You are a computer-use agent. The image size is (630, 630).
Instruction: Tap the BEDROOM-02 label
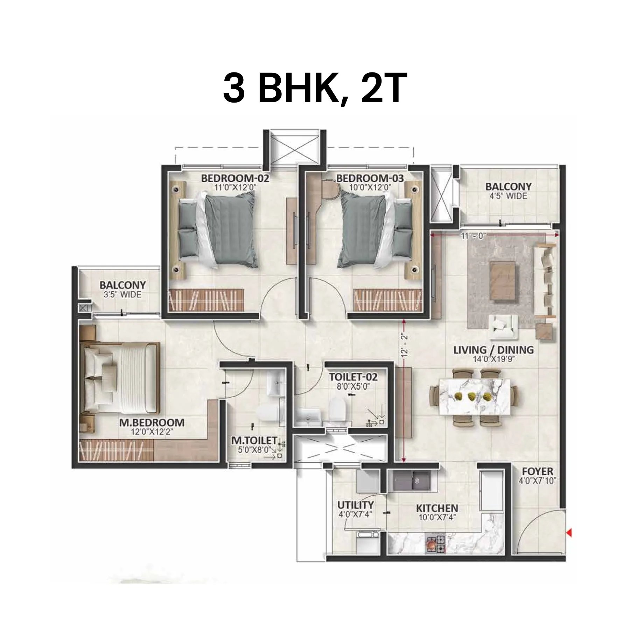pos(235,178)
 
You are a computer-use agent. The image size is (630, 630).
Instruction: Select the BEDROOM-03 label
pos(370,178)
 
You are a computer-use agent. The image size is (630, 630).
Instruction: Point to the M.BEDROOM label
pos(152,422)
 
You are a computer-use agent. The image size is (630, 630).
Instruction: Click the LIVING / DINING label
pos(493,350)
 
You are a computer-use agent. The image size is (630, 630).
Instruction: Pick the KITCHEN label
pos(437,508)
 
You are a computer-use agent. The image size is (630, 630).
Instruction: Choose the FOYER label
pos(538,471)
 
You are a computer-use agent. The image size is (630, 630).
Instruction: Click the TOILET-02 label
pos(353,377)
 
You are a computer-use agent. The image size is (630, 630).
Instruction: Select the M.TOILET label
pos(254,440)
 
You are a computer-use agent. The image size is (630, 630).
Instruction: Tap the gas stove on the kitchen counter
pos(435,544)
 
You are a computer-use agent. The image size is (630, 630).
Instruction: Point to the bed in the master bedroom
pos(119,377)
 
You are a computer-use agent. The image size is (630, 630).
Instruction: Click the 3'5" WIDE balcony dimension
pos(122,295)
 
